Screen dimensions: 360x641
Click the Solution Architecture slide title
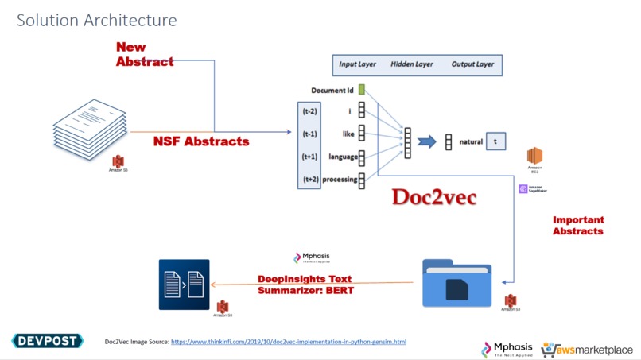click(97, 20)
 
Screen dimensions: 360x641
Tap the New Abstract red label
click(144, 54)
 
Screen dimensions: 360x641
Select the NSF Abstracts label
click(201, 141)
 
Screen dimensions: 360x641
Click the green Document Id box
click(361, 91)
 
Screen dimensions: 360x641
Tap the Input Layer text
click(358, 64)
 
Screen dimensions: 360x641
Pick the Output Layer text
click(472, 64)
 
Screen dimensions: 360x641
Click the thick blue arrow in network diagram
click(427, 142)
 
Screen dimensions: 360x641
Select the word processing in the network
click(340, 180)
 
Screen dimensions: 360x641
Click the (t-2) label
click(309, 111)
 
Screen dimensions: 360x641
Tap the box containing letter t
click(495, 141)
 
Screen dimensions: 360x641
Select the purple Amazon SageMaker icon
click(523, 189)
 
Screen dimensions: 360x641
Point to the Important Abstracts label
click(578, 225)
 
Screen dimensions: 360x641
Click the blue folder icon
click(456, 282)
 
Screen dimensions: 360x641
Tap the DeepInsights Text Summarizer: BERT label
click(305, 285)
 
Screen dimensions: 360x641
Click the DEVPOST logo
click(48, 341)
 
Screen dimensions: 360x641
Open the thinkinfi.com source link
click(289, 342)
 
